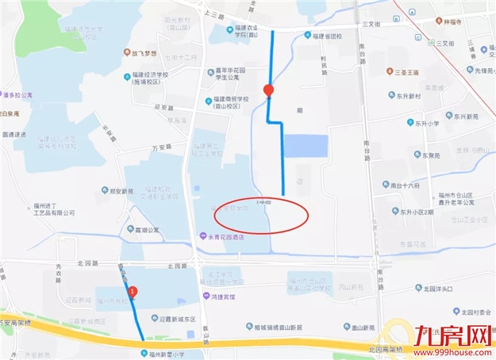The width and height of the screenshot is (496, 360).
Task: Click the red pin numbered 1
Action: [133, 292]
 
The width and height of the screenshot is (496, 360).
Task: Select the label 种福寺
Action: [466, 22]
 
